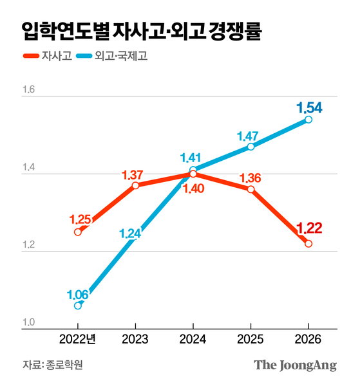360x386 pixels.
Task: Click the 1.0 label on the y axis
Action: pyautogui.click(x=30, y=323)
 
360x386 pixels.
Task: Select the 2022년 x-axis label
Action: pyautogui.click(x=77, y=340)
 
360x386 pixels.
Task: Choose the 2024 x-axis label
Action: pyautogui.click(x=193, y=340)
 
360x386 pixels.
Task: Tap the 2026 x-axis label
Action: pyautogui.click(x=308, y=340)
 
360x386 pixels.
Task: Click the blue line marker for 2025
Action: pyautogui.click(x=251, y=147)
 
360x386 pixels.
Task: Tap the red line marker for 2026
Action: pyautogui.click(x=308, y=243)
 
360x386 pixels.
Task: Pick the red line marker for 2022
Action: pyautogui.click(x=78, y=232)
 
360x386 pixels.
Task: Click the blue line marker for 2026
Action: pyautogui.click(x=308, y=120)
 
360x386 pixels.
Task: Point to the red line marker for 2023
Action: pyautogui.click(x=135, y=185)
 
